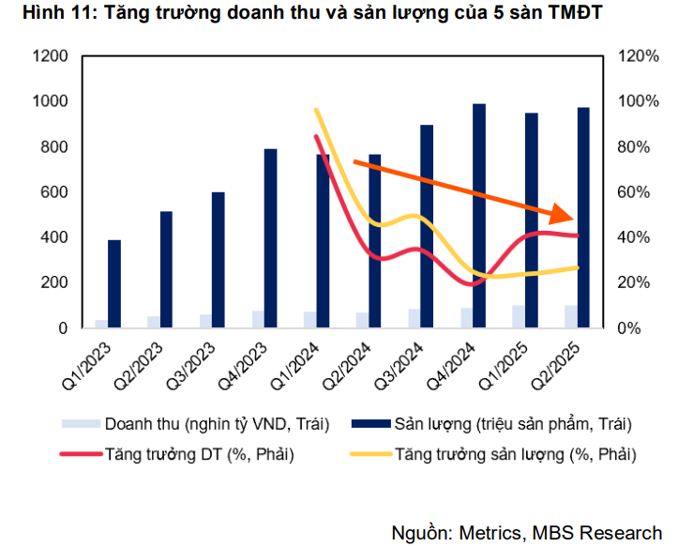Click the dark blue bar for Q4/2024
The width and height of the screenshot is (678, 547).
pyautogui.click(x=479, y=215)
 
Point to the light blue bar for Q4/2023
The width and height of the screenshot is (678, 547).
pyautogui.click(x=257, y=319)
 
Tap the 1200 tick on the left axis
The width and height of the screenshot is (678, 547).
pyautogui.click(x=49, y=56)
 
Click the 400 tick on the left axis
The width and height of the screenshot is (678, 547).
pyautogui.click(x=53, y=237)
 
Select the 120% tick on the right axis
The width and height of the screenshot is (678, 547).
pyautogui.click(x=639, y=56)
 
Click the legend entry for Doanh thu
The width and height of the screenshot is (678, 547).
pyautogui.click(x=217, y=424)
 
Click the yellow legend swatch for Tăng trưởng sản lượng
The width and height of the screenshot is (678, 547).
pyautogui.click(x=369, y=455)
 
